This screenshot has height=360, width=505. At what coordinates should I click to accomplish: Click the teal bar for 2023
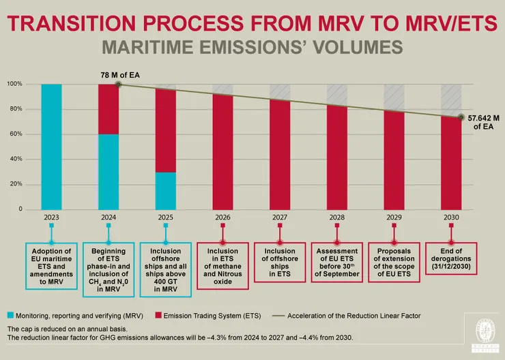tap(51, 146)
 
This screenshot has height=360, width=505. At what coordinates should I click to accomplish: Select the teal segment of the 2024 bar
tap(109, 171)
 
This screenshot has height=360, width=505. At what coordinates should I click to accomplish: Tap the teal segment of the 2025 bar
tap(166, 190)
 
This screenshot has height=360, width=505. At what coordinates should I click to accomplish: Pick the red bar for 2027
tap(280, 154)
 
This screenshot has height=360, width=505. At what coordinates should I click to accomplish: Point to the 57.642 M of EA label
tap(484, 122)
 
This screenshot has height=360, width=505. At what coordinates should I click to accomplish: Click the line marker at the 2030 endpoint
tap(461, 118)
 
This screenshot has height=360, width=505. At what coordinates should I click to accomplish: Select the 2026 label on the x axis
tap(222, 217)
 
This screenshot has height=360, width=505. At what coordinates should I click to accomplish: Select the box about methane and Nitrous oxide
tap(222, 266)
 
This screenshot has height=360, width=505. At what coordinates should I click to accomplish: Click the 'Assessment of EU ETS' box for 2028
tap(337, 262)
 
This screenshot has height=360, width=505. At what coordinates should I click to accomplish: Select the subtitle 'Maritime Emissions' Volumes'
tap(252, 48)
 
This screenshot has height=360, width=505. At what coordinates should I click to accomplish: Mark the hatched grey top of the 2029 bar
tap(394, 97)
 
